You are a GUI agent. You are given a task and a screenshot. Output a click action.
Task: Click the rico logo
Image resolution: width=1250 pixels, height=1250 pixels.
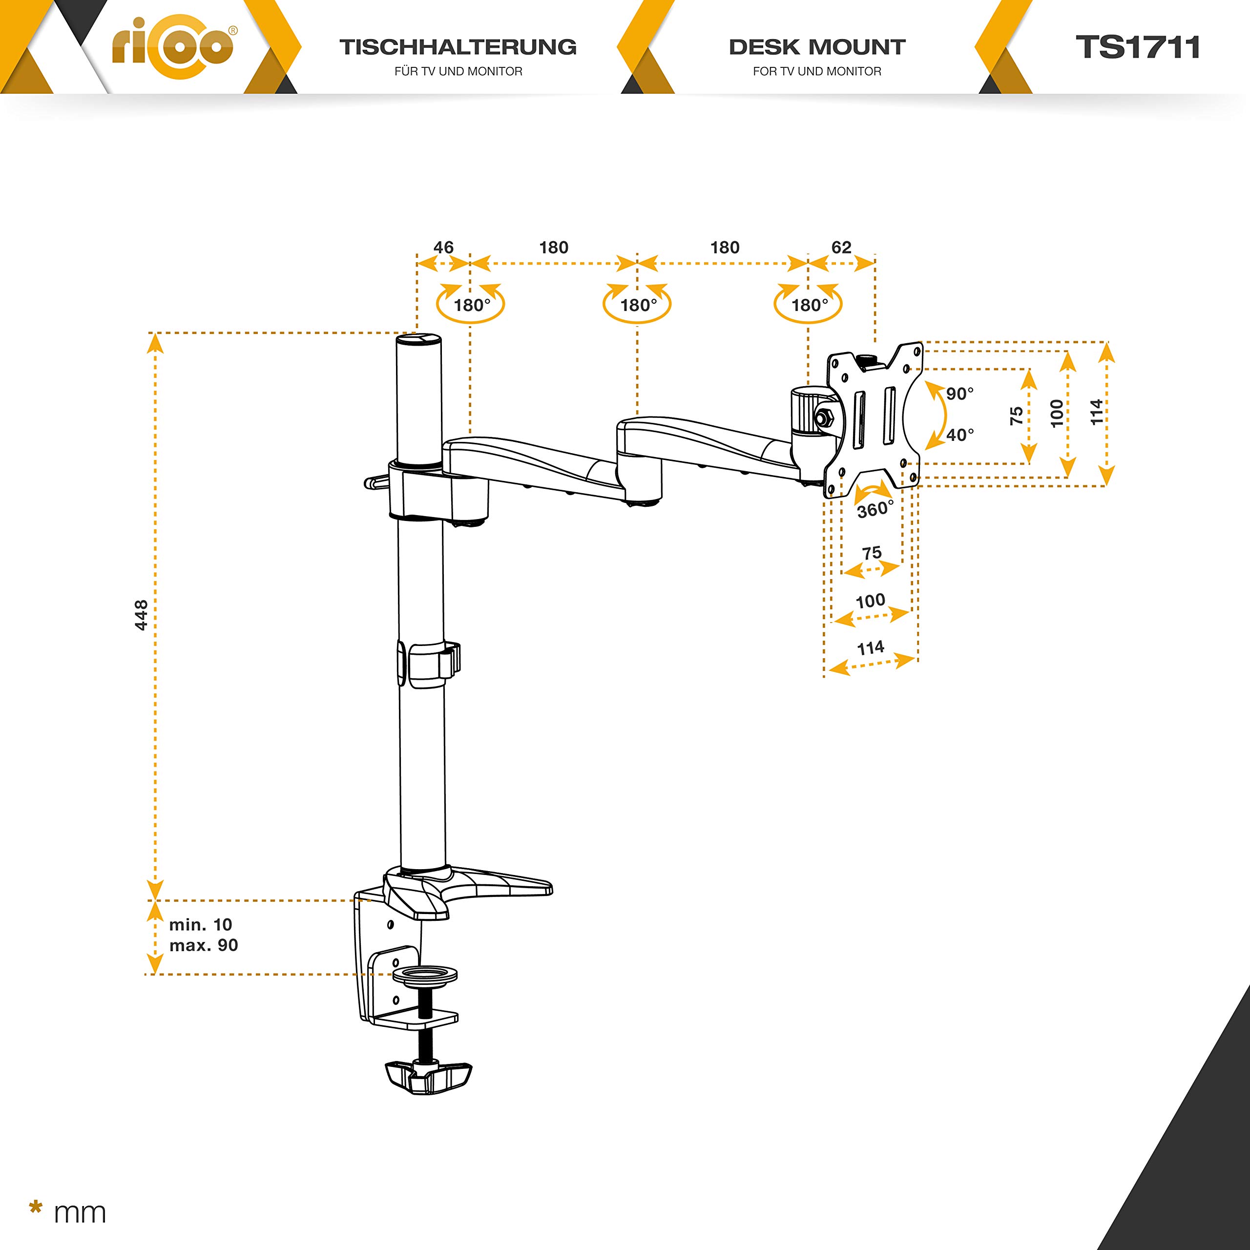174,46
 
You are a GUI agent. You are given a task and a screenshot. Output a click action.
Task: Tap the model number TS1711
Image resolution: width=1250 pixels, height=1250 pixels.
1137,47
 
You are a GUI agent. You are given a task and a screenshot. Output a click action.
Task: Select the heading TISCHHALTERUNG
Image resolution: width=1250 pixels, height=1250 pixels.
458,47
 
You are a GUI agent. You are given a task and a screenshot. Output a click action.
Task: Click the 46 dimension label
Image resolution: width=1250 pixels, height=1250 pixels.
443,247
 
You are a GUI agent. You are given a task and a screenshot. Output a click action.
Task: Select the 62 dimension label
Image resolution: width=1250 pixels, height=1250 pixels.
841,247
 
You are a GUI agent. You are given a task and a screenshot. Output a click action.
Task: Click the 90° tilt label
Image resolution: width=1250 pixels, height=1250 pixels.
959,394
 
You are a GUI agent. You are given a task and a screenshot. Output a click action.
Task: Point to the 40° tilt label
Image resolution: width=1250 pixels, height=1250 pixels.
959,435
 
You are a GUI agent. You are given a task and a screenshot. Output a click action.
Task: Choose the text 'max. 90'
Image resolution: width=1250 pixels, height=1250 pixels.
204,945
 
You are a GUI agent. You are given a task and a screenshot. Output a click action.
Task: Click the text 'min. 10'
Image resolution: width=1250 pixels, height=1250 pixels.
201,924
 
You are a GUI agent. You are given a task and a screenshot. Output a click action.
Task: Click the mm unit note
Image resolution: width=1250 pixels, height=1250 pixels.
79,1212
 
